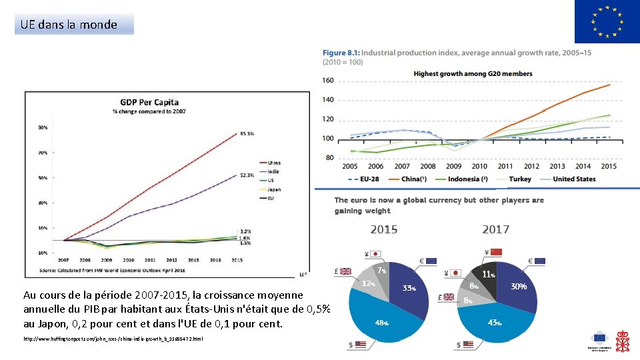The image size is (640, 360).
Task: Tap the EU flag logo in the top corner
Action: [x=607, y=22]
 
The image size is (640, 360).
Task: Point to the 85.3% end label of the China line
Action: [x=246, y=134]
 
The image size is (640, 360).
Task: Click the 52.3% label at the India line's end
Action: [x=246, y=175]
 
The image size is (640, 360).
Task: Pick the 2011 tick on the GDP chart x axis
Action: [x=150, y=260]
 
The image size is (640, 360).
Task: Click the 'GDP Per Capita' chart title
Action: [x=149, y=102]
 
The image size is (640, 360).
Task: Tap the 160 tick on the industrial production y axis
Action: [x=328, y=81]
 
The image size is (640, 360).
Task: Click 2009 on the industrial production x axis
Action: [x=453, y=166]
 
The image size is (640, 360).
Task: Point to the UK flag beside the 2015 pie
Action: [x=345, y=271]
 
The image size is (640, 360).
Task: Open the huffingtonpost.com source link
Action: [x=113, y=339]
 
